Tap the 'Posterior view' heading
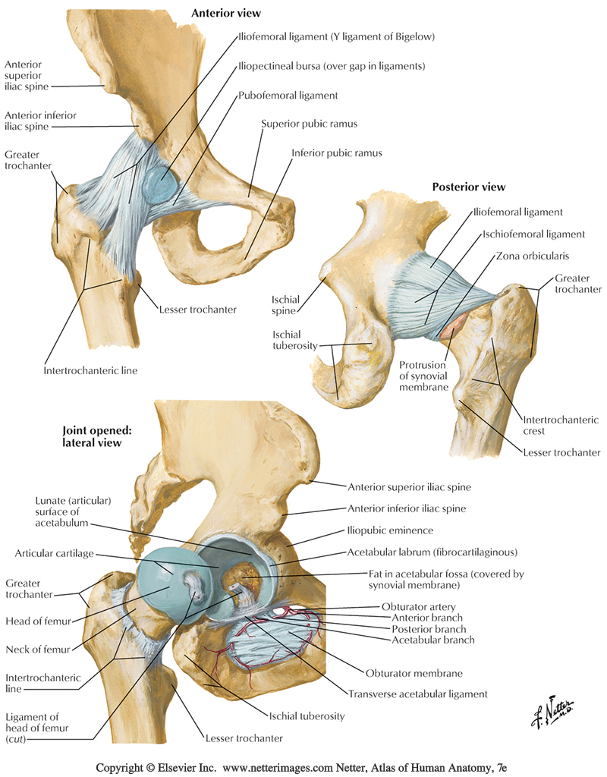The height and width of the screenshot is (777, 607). click(x=468, y=187)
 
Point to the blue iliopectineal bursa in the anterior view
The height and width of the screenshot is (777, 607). click(x=159, y=184)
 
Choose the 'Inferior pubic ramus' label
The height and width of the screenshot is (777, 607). click(x=336, y=153)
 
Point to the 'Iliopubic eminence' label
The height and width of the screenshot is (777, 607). click(x=390, y=530)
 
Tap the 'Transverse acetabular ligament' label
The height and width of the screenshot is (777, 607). click(x=417, y=694)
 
